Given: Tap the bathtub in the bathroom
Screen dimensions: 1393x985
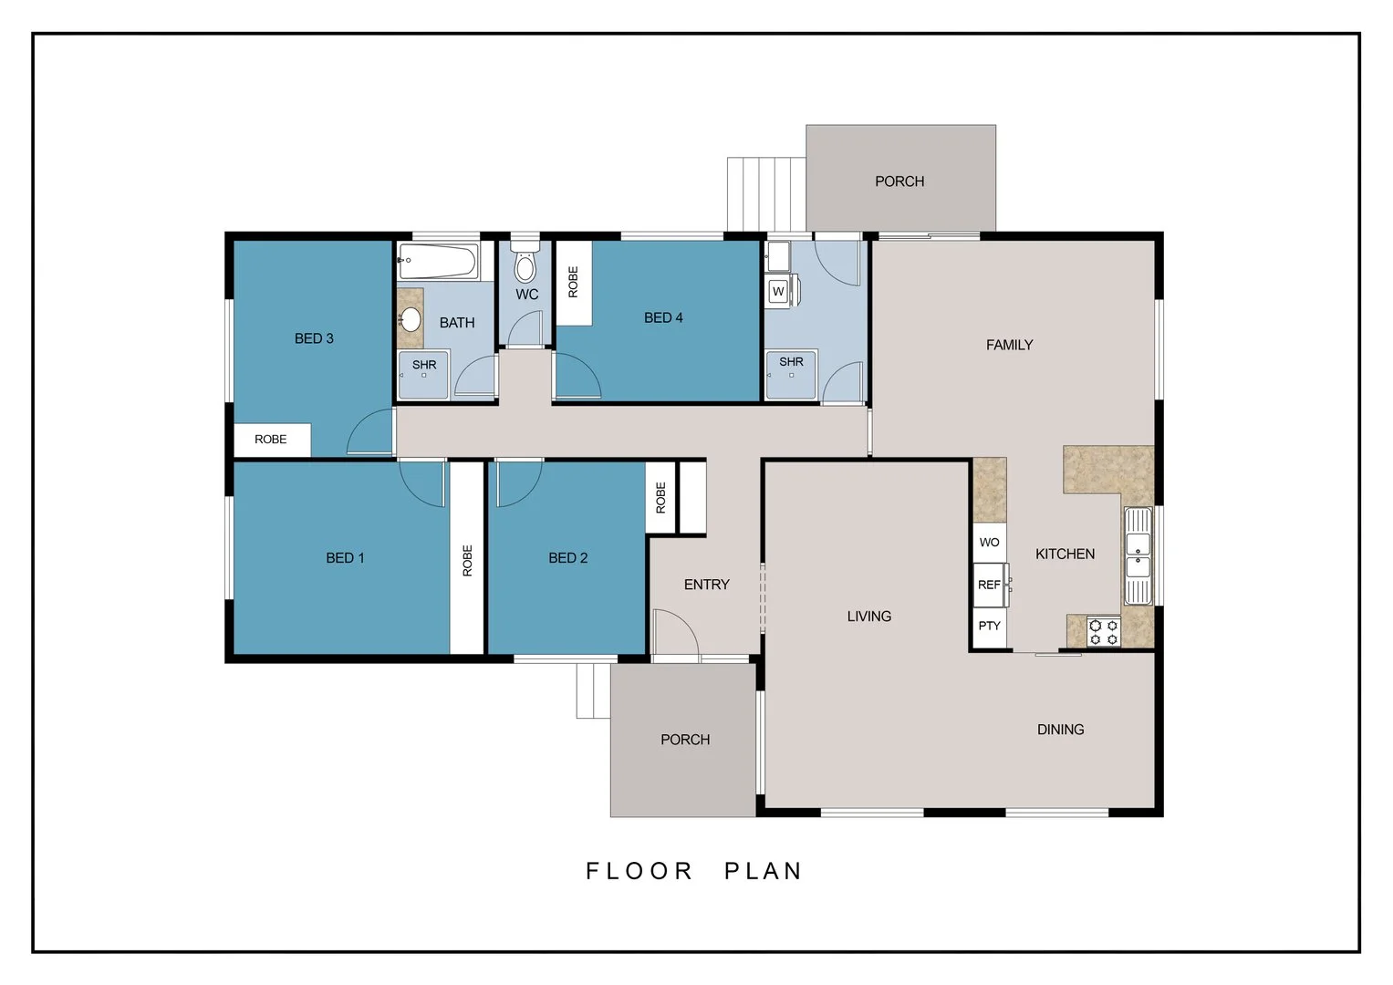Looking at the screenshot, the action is [439, 261].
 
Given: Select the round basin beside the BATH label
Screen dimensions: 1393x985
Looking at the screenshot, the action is [410, 319].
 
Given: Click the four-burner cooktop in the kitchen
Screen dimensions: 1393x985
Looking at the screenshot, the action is [1104, 632].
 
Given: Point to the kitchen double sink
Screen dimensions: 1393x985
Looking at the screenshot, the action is [1138, 556].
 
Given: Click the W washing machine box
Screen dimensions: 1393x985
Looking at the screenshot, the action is [778, 291].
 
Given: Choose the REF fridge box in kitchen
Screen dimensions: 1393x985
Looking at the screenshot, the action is [990, 585].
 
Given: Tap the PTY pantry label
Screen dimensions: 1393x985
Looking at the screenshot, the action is [990, 626].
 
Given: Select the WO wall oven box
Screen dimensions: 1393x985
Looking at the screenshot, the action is [990, 543].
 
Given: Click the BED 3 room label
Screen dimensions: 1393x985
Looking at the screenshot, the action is [314, 338].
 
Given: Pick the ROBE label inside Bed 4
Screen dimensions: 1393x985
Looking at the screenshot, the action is [574, 283].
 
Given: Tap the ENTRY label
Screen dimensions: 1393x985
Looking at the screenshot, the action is [706, 585].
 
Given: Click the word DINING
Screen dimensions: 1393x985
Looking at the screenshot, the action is [1061, 730].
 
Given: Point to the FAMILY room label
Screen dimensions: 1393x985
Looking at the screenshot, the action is [1009, 345].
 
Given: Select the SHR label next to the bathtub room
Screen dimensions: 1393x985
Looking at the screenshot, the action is [424, 365].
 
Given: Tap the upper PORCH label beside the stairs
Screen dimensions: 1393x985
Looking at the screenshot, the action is [899, 181].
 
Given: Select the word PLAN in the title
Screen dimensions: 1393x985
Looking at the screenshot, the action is [764, 871].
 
